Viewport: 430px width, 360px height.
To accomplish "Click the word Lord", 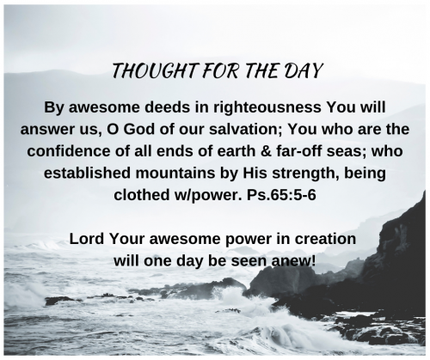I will pyautogui.click(x=88, y=238).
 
